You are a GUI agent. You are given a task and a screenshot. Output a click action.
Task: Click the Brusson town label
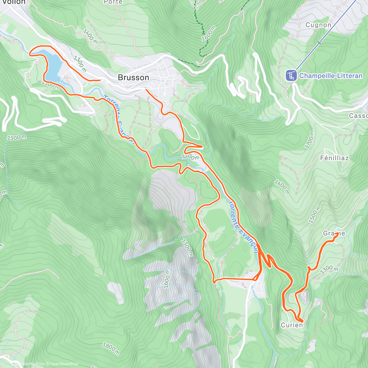click(133, 78)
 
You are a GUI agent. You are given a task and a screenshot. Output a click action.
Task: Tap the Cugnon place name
click(318, 25)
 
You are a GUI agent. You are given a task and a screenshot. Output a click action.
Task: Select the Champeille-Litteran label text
click(331, 76)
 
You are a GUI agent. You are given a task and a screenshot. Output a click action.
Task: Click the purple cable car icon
click(291, 75)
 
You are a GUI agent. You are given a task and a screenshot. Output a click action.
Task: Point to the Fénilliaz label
click(334, 158)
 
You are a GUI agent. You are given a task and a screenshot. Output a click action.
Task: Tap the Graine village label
click(334, 233)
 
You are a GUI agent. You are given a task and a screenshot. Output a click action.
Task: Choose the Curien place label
click(292, 325)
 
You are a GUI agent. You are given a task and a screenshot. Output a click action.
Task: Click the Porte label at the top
click(113, 2)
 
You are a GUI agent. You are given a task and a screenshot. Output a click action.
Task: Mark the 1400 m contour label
click(90, 36)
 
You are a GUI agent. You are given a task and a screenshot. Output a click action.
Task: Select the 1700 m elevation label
click(310, 140)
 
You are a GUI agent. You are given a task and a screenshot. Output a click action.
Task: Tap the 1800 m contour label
click(111, 348)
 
